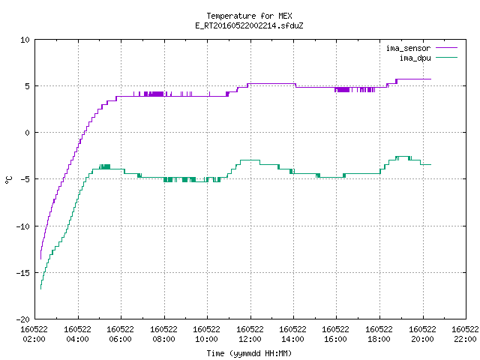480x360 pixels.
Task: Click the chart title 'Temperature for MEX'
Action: click(x=249, y=16)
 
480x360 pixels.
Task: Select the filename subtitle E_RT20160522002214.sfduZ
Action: click(x=249, y=25)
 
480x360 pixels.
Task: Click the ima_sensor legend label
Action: click(x=408, y=48)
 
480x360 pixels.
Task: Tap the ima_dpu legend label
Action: click(x=415, y=58)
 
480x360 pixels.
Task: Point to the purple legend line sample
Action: click(x=446, y=48)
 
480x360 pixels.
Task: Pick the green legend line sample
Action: click(x=446, y=57)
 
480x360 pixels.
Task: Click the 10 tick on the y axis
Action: click(x=25, y=40)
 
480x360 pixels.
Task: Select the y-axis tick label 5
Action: click(x=27, y=86)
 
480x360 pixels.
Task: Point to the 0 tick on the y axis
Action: click(x=27, y=133)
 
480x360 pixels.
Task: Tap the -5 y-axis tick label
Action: click(x=25, y=179)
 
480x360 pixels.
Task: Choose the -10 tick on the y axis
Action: click(x=23, y=226)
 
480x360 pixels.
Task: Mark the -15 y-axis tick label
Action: click(x=23, y=273)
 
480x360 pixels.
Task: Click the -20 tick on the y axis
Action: click(x=23, y=319)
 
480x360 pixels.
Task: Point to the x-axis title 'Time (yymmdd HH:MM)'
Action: click(x=249, y=353)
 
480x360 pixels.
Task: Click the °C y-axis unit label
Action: click(x=9, y=180)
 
